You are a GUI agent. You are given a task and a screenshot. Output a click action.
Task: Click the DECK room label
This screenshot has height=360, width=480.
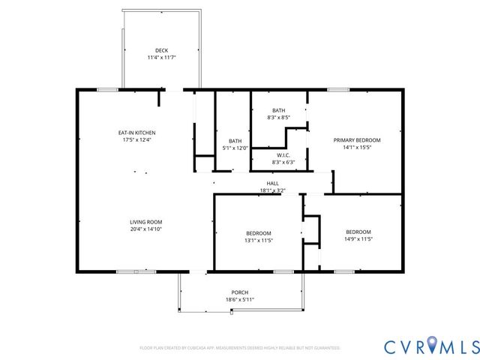(161, 50)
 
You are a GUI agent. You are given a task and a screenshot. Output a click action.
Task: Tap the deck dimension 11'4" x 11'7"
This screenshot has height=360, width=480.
(161, 57)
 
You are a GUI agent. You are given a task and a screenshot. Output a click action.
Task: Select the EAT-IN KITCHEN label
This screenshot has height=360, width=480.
(136, 133)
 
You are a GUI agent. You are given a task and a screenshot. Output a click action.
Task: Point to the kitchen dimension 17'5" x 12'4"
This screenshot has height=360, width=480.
(136, 139)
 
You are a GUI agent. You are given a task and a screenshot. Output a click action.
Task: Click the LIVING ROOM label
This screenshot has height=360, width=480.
(145, 222)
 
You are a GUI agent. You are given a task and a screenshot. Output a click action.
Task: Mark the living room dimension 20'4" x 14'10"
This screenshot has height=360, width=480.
(145, 229)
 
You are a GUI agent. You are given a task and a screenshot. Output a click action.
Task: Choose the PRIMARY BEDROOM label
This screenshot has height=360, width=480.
(357, 140)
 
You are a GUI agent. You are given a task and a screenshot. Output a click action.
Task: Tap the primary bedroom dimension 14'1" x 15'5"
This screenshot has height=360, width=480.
(357, 147)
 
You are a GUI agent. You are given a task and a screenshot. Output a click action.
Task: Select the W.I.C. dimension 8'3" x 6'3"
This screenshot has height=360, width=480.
(283, 162)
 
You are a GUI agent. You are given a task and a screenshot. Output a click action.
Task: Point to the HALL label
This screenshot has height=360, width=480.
(272, 184)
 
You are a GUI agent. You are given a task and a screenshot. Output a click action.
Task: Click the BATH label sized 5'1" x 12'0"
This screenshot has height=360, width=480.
(235, 141)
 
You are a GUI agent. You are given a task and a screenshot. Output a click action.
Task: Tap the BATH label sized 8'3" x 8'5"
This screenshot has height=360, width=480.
(278, 110)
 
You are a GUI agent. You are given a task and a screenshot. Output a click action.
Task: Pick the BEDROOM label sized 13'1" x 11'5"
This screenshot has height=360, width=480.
(258, 233)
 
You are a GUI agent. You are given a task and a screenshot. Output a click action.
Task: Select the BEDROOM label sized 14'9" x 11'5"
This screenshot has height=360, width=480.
(358, 232)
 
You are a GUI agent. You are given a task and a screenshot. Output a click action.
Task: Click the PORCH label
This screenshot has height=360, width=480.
(240, 292)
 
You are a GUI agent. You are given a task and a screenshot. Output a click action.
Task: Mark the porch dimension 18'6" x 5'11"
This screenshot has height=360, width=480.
(240, 299)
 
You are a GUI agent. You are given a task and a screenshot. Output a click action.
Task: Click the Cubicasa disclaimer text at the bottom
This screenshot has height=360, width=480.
(240, 348)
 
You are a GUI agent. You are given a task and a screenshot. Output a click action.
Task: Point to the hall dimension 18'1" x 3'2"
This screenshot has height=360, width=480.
(272, 190)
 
